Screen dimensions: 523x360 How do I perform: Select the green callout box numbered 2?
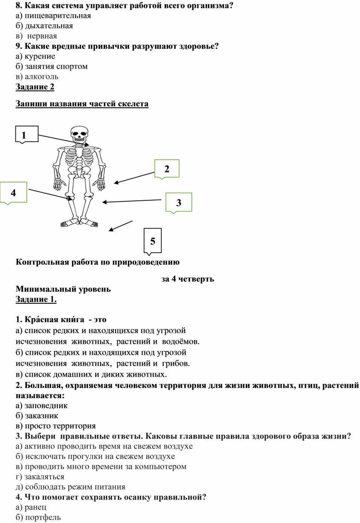click(167, 169)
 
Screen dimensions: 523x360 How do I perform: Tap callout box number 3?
click(179, 203)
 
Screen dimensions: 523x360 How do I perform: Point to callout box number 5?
click(153, 241)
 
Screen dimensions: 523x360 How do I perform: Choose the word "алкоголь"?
click(41, 77)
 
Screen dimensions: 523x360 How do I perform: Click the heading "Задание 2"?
click(35, 87)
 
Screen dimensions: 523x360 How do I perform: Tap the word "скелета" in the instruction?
click(134, 104)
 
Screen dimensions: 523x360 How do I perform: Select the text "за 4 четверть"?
click(187, 279)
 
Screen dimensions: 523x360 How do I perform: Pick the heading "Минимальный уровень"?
click(63, 290)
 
